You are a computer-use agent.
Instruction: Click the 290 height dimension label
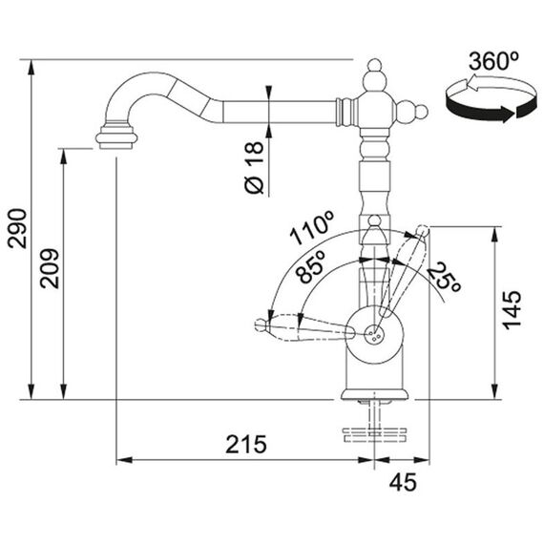(x=17, y=229)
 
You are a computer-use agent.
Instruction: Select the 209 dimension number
(x=50, y=268)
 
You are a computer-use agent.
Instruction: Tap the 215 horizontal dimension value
(x=246, y=445)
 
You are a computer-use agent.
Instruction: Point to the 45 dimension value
(x=403, y=482)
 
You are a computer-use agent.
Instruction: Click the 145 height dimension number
(x=513, y=310)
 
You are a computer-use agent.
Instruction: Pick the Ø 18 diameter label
(x=254, y=167)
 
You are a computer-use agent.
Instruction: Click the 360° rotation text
(x=493, y=61)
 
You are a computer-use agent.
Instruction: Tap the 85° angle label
(x=312, y=266)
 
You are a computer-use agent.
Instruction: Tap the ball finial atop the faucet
(x=375, y=65)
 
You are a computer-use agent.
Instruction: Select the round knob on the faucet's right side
(x=421, y=112)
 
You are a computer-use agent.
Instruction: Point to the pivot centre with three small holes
(x=375, y=333)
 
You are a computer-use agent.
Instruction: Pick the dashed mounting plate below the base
(x=374, y=435)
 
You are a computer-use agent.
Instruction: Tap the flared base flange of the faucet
(x=375, y=394)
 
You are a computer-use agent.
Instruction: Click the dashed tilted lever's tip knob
(x=423, y=230)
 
